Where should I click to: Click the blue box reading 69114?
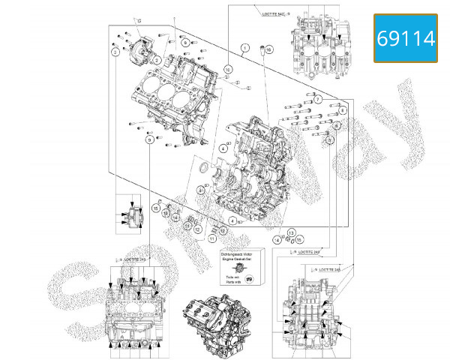tap(406, 38)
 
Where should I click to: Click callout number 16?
tap(270, 49)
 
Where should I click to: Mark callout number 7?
tap(318, 99)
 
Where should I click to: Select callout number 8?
tap(342, 111)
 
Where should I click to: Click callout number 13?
tap(292, 233)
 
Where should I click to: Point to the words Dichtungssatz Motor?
tap(238, 255)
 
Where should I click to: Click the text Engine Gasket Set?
tap(238, 260)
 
